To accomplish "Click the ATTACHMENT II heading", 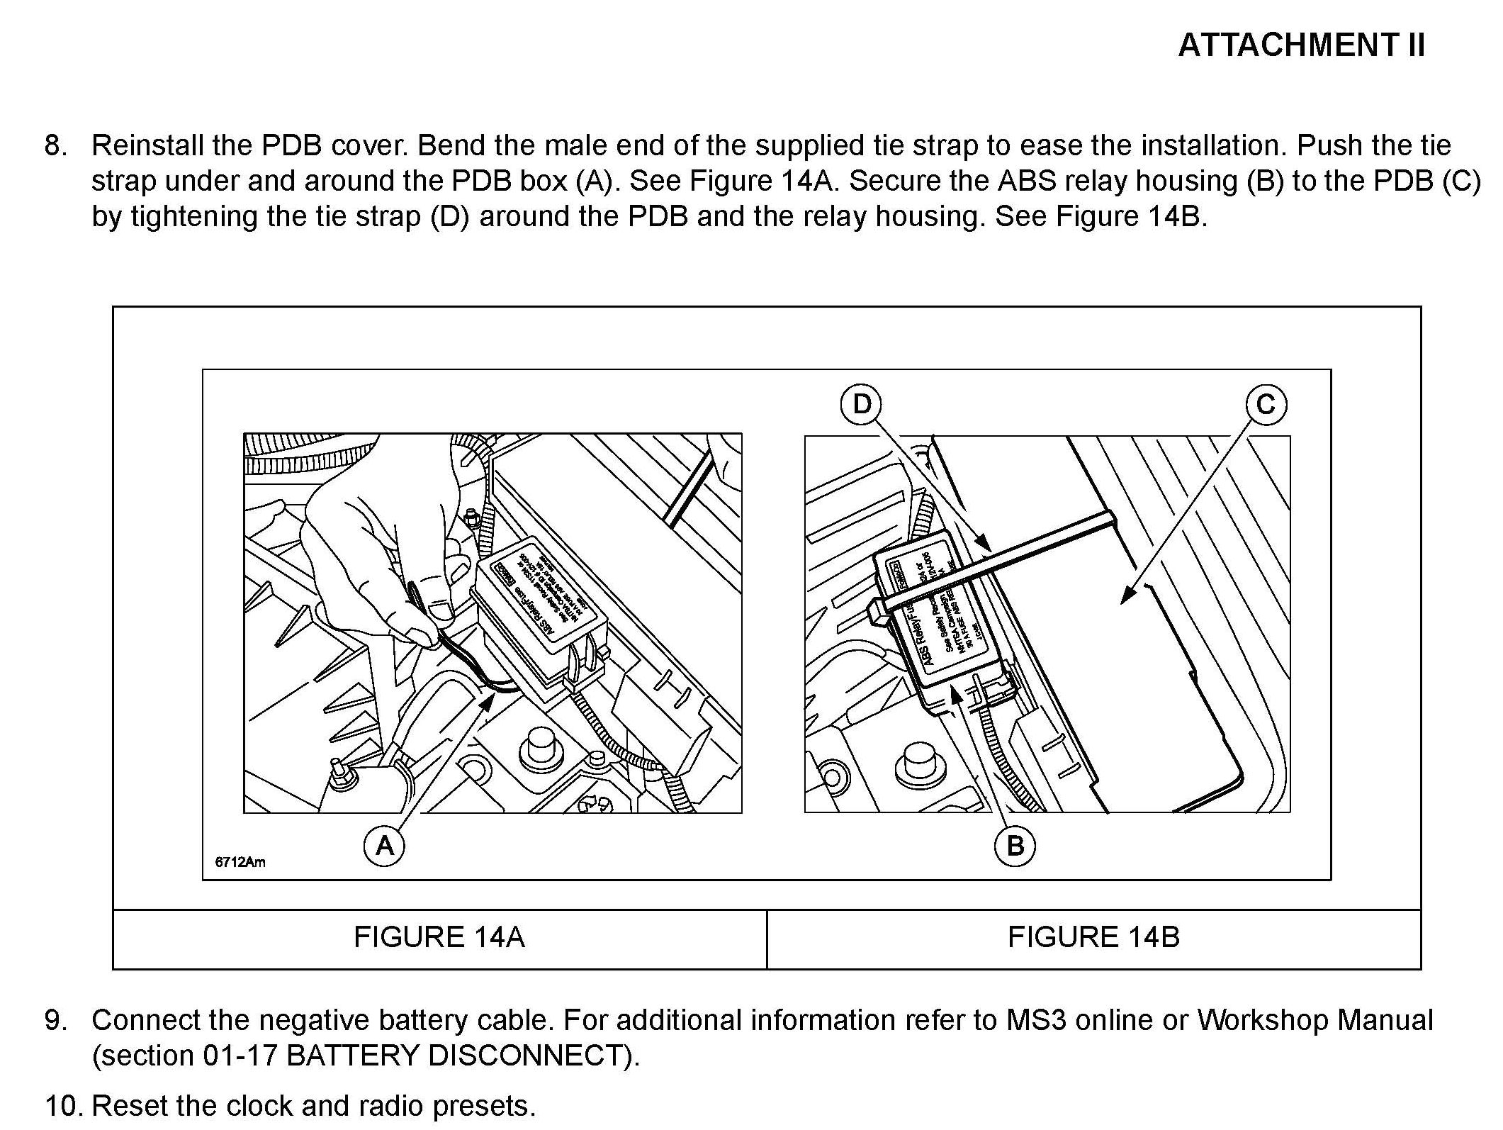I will pyautogui.click(x=1301, y=45).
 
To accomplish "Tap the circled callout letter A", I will pyautogui.click(x=384, y=846).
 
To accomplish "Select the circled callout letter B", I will pyautogui.click(x=1015, y=846).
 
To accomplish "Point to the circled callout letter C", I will pyautogui.click(x=1266, y=405).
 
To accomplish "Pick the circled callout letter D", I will pyautogui.click(x=861, y=404).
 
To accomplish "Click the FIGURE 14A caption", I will pyautogui.click(x=439, y=937).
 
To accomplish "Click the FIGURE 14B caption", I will pyautogui.click(x=1093, y=937).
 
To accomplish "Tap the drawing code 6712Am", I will pyautogui.click(x=240, y=862).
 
